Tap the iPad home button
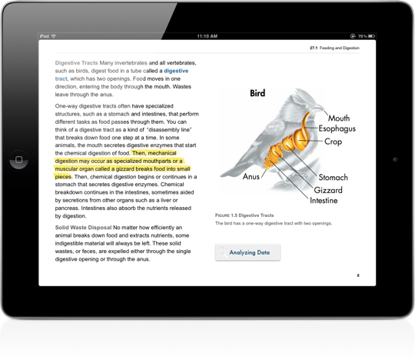[x=16, y=162]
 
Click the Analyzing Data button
[x=247, y=252]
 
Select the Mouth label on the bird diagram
[x=339, y=118]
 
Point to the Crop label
[x=334, y=142]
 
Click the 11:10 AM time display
[x=207, y=36]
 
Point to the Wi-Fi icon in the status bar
[x=63, y=36]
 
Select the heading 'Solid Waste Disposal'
[x=83, y=228]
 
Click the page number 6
[x=358, y=274]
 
